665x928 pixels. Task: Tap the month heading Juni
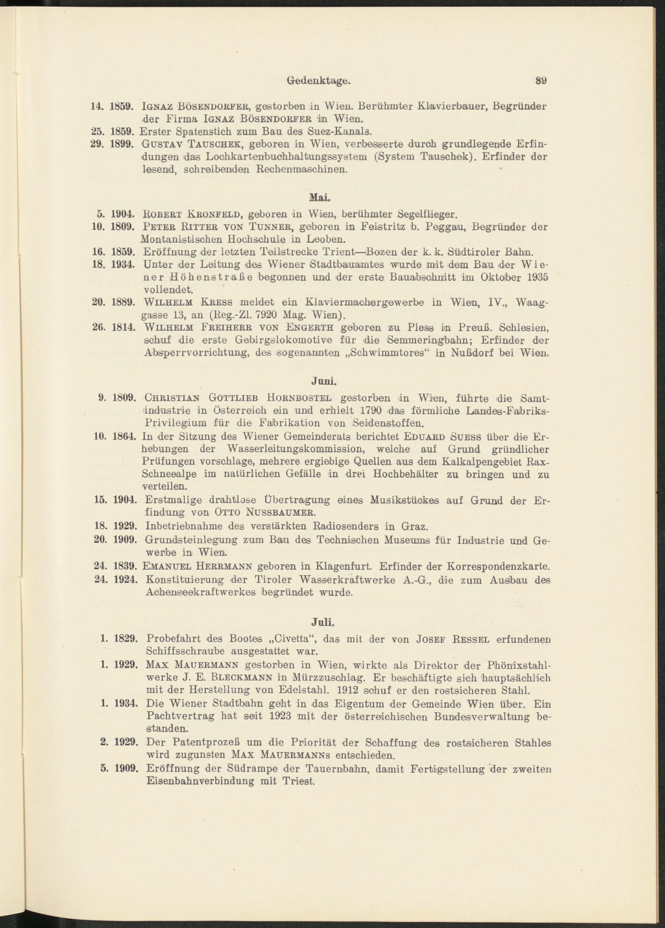(324, 381)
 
